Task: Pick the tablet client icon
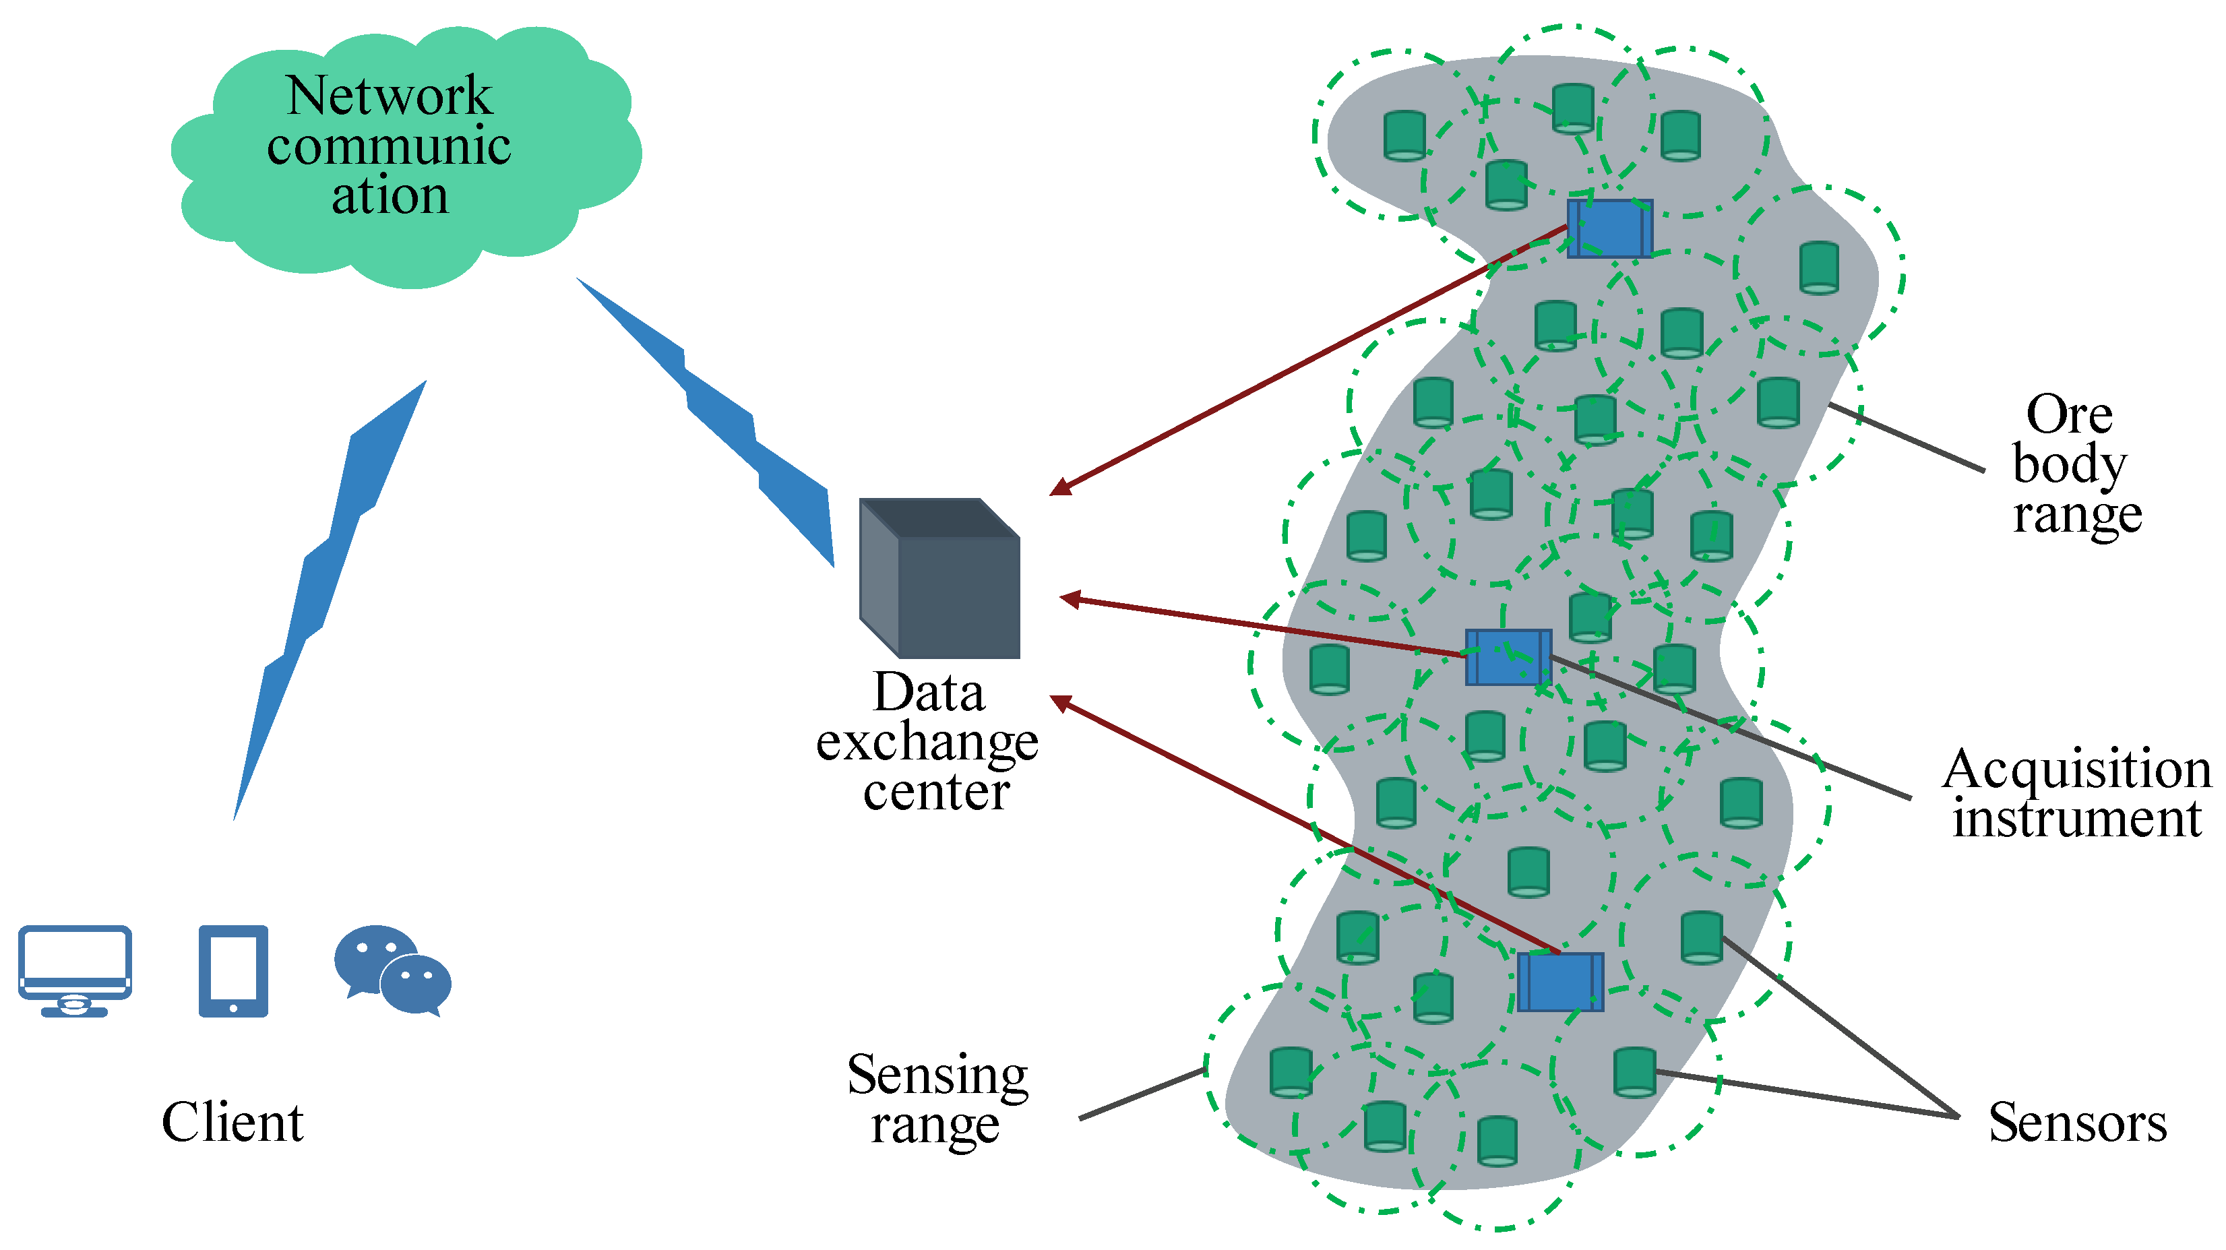pyautogui.click(x=233, y=971)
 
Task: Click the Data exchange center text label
pyautogui.click(x=929, y=741)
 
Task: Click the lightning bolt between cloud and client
pyautogui.click(x=328, y=596)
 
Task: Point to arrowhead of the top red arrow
pyautogui.click(x=1059, y=490)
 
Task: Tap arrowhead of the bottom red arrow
pyautogui.click(x=1059, y=701)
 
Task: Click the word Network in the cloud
pyautogui.click(x=389, y=95)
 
